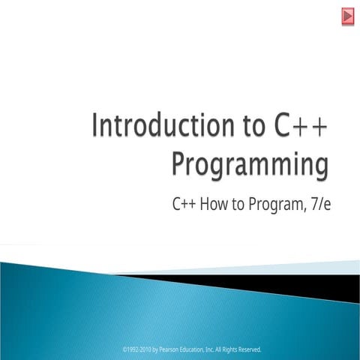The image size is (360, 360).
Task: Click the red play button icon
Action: (348, 16)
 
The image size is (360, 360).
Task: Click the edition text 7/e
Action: (319, 203)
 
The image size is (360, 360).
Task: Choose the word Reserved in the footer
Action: (259, 349)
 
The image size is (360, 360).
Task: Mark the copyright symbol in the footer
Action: (124, 349)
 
